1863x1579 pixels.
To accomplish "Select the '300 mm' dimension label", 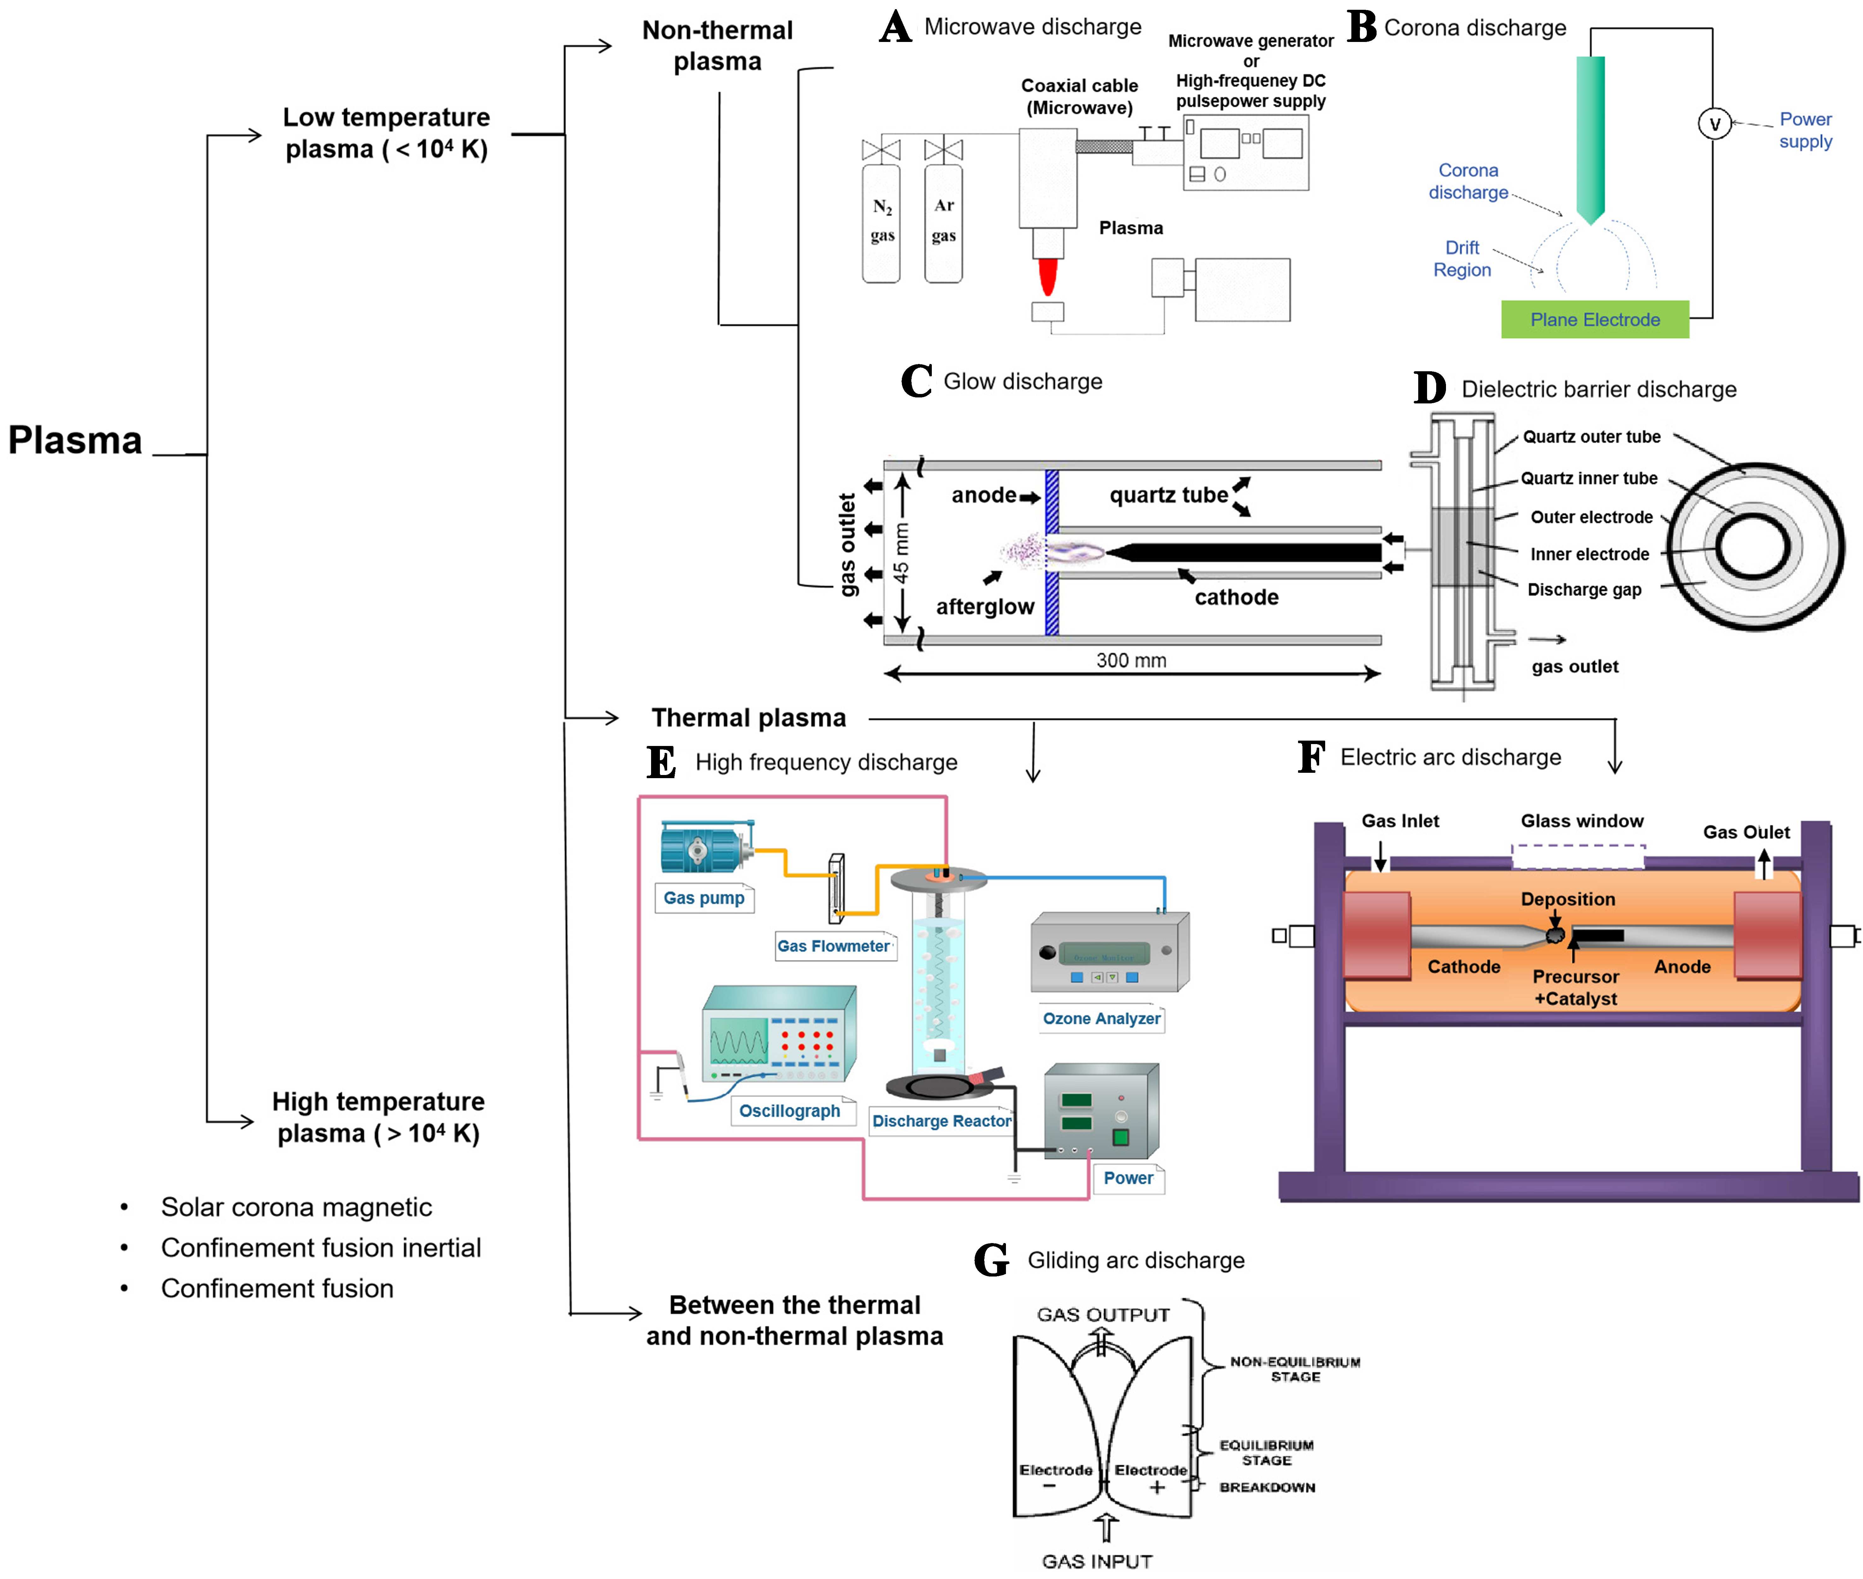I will click(x=1131, y=660).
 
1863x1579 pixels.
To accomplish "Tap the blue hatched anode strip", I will click(x=1052, y=552).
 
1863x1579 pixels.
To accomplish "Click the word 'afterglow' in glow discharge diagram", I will click(x=985, y=607).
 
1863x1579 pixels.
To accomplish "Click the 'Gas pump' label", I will click(x=704, y=898).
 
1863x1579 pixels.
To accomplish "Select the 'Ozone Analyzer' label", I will click(x=1101, y=1018).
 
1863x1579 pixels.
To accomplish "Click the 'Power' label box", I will click(x=1128, y=1178).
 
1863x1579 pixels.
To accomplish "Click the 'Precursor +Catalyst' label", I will click(x=1576, y=987).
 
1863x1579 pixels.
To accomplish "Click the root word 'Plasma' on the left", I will click(x=75, y=440).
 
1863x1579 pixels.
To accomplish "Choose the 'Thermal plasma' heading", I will click(x=749, y=718).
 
